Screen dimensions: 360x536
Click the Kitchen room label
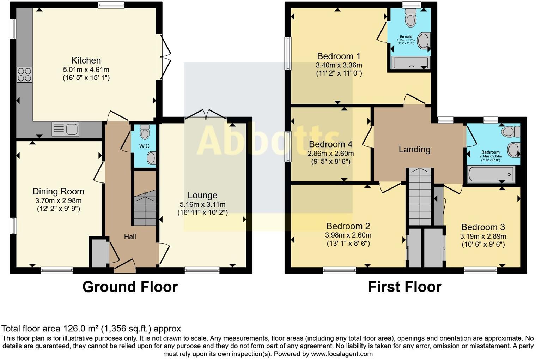(x=86, y=60)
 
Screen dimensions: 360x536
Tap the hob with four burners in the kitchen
(x=24, y=74)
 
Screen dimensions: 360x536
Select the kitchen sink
(x=65, y=129)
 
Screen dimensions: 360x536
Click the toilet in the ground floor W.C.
(x=145, y=132)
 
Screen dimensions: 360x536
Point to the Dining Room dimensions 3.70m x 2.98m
(x=59, y=200)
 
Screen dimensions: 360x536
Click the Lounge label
(x=202, y=195)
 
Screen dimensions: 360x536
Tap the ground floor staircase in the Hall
(x=145, y=208)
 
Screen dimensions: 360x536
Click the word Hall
(x=130, y=237)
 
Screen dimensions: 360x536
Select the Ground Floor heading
(x=130, y=287)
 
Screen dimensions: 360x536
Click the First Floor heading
(x=404, y=287)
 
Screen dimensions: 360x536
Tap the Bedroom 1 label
(x=339, y=56)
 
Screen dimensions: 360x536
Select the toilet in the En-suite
(x=410, y=18)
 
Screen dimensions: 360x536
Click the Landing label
(x=414, y=149)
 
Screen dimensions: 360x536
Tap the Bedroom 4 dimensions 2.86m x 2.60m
(x=330, y=154)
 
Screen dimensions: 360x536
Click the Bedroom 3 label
(x=483, y=227)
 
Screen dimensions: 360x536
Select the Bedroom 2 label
(x=348, y=226)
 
